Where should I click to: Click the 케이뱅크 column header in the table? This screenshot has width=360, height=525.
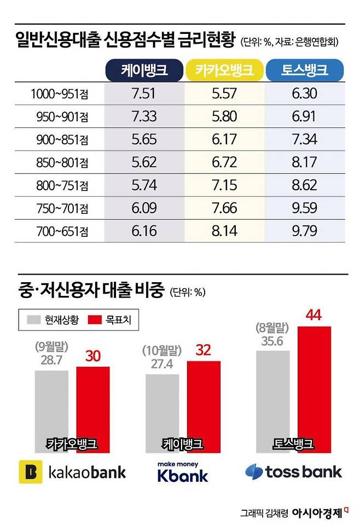tap(144, 70)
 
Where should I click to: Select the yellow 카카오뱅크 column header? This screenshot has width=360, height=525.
tap(224, 70)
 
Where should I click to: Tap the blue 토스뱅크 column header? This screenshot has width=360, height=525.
tap(305, 70)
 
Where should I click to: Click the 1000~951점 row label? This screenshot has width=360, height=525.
tap(60, 95)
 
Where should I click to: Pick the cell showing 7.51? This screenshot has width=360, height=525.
tap(144, 94)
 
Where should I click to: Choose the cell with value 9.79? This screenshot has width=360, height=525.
tap(305, 232)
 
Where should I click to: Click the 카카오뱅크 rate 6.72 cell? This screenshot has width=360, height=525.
tap(224, 163)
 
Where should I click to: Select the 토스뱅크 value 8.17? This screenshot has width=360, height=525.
tap(305, 163)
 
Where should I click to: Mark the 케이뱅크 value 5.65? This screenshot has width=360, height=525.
tap(144, 140)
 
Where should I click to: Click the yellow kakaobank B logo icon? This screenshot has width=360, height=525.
tap(31, 471)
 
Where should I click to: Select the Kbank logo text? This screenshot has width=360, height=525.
tap(182, 475)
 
